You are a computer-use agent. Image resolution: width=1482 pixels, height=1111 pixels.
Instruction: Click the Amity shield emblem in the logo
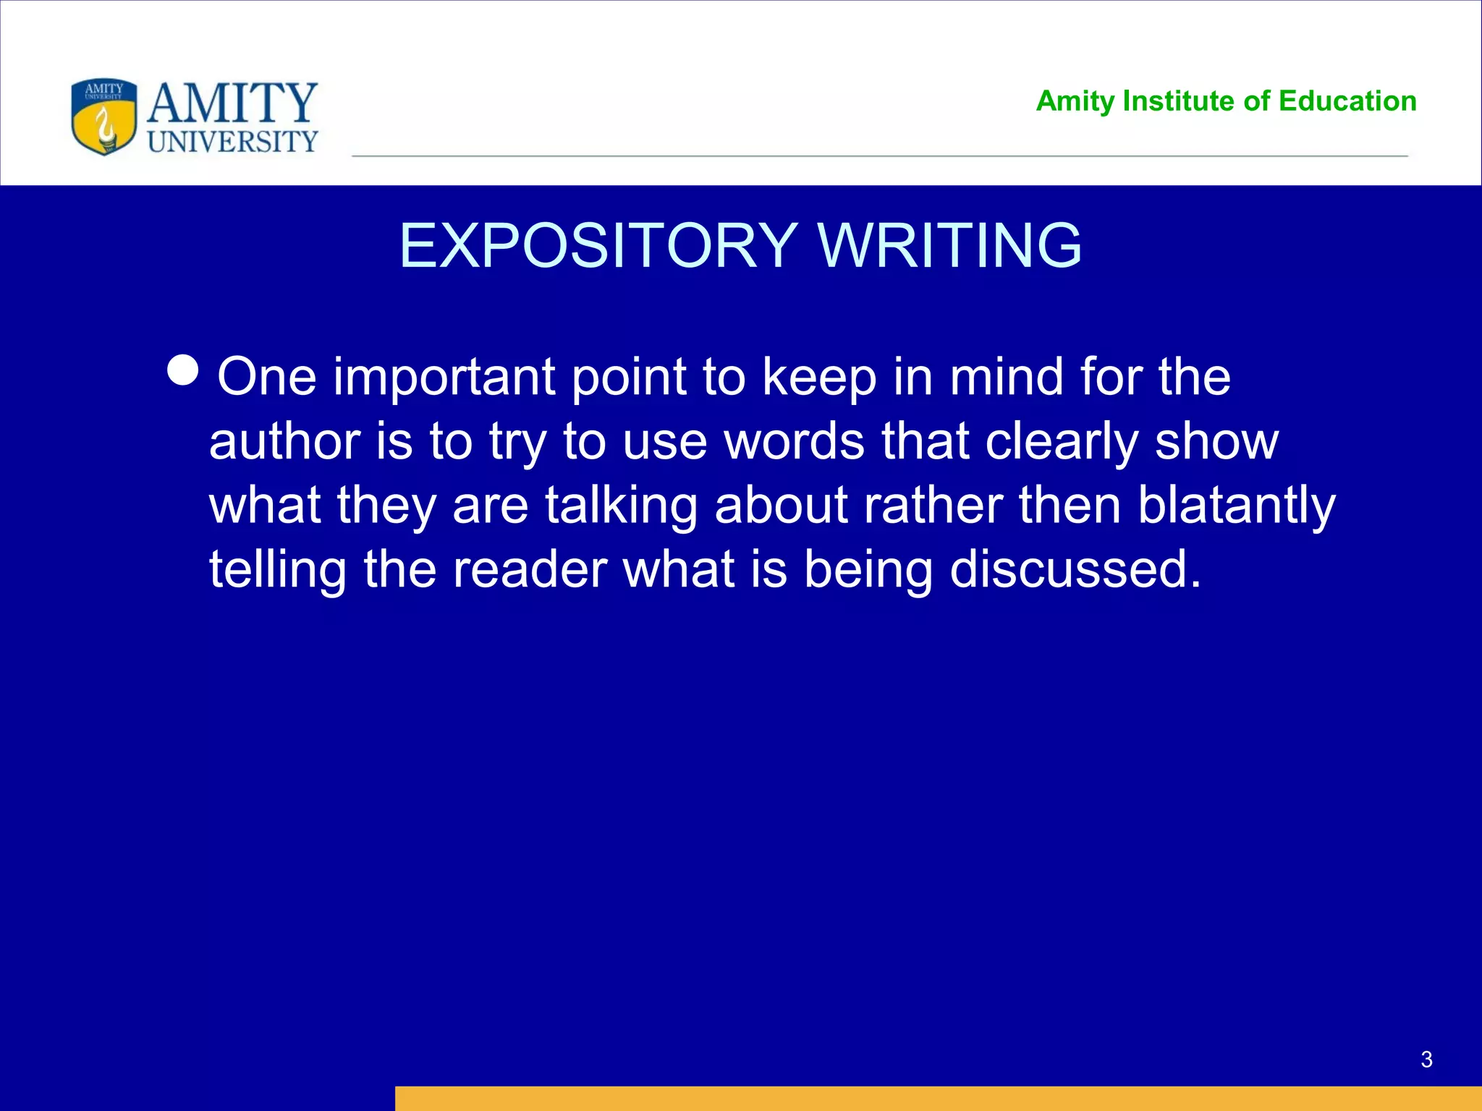(104, 117)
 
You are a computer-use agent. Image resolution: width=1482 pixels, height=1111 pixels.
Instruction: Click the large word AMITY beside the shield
(232, 103)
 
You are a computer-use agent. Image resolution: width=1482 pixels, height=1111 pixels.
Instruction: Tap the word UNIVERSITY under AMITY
(232, 142)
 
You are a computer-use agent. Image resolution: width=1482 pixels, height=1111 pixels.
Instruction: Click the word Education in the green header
(1347, 101)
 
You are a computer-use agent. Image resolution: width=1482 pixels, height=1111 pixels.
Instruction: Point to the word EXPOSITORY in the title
(598, 246)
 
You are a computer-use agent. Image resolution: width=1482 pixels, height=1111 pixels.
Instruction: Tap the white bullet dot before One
(182, 370)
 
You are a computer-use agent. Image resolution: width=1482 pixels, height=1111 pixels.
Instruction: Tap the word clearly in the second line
(1061, 443)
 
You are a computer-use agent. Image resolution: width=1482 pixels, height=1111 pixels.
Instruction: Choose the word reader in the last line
(529, 570)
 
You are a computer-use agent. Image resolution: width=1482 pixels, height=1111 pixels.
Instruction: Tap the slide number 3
(1426, 1060)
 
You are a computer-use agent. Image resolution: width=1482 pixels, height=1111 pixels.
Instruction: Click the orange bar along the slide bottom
(938, 1098)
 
